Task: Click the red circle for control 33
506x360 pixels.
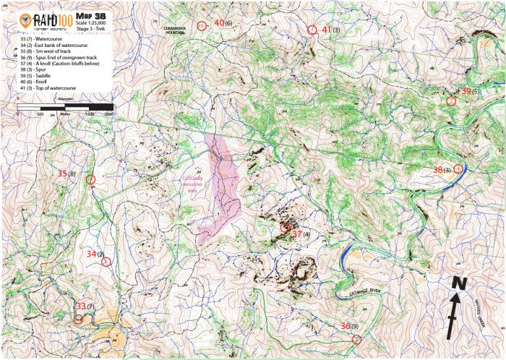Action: [79, 319]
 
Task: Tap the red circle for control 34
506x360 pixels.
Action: [106, 262]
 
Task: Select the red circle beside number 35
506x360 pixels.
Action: [90, 180]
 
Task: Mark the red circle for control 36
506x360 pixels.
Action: [356, 339]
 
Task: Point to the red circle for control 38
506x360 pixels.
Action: [458, 168]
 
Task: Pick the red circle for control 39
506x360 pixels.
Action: [451, 101]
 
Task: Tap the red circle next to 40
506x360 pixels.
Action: [202, 26]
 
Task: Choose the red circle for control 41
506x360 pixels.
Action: [312, 30]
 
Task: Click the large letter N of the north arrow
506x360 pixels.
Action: [457, 283]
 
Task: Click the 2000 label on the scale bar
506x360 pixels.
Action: [108, 114]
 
